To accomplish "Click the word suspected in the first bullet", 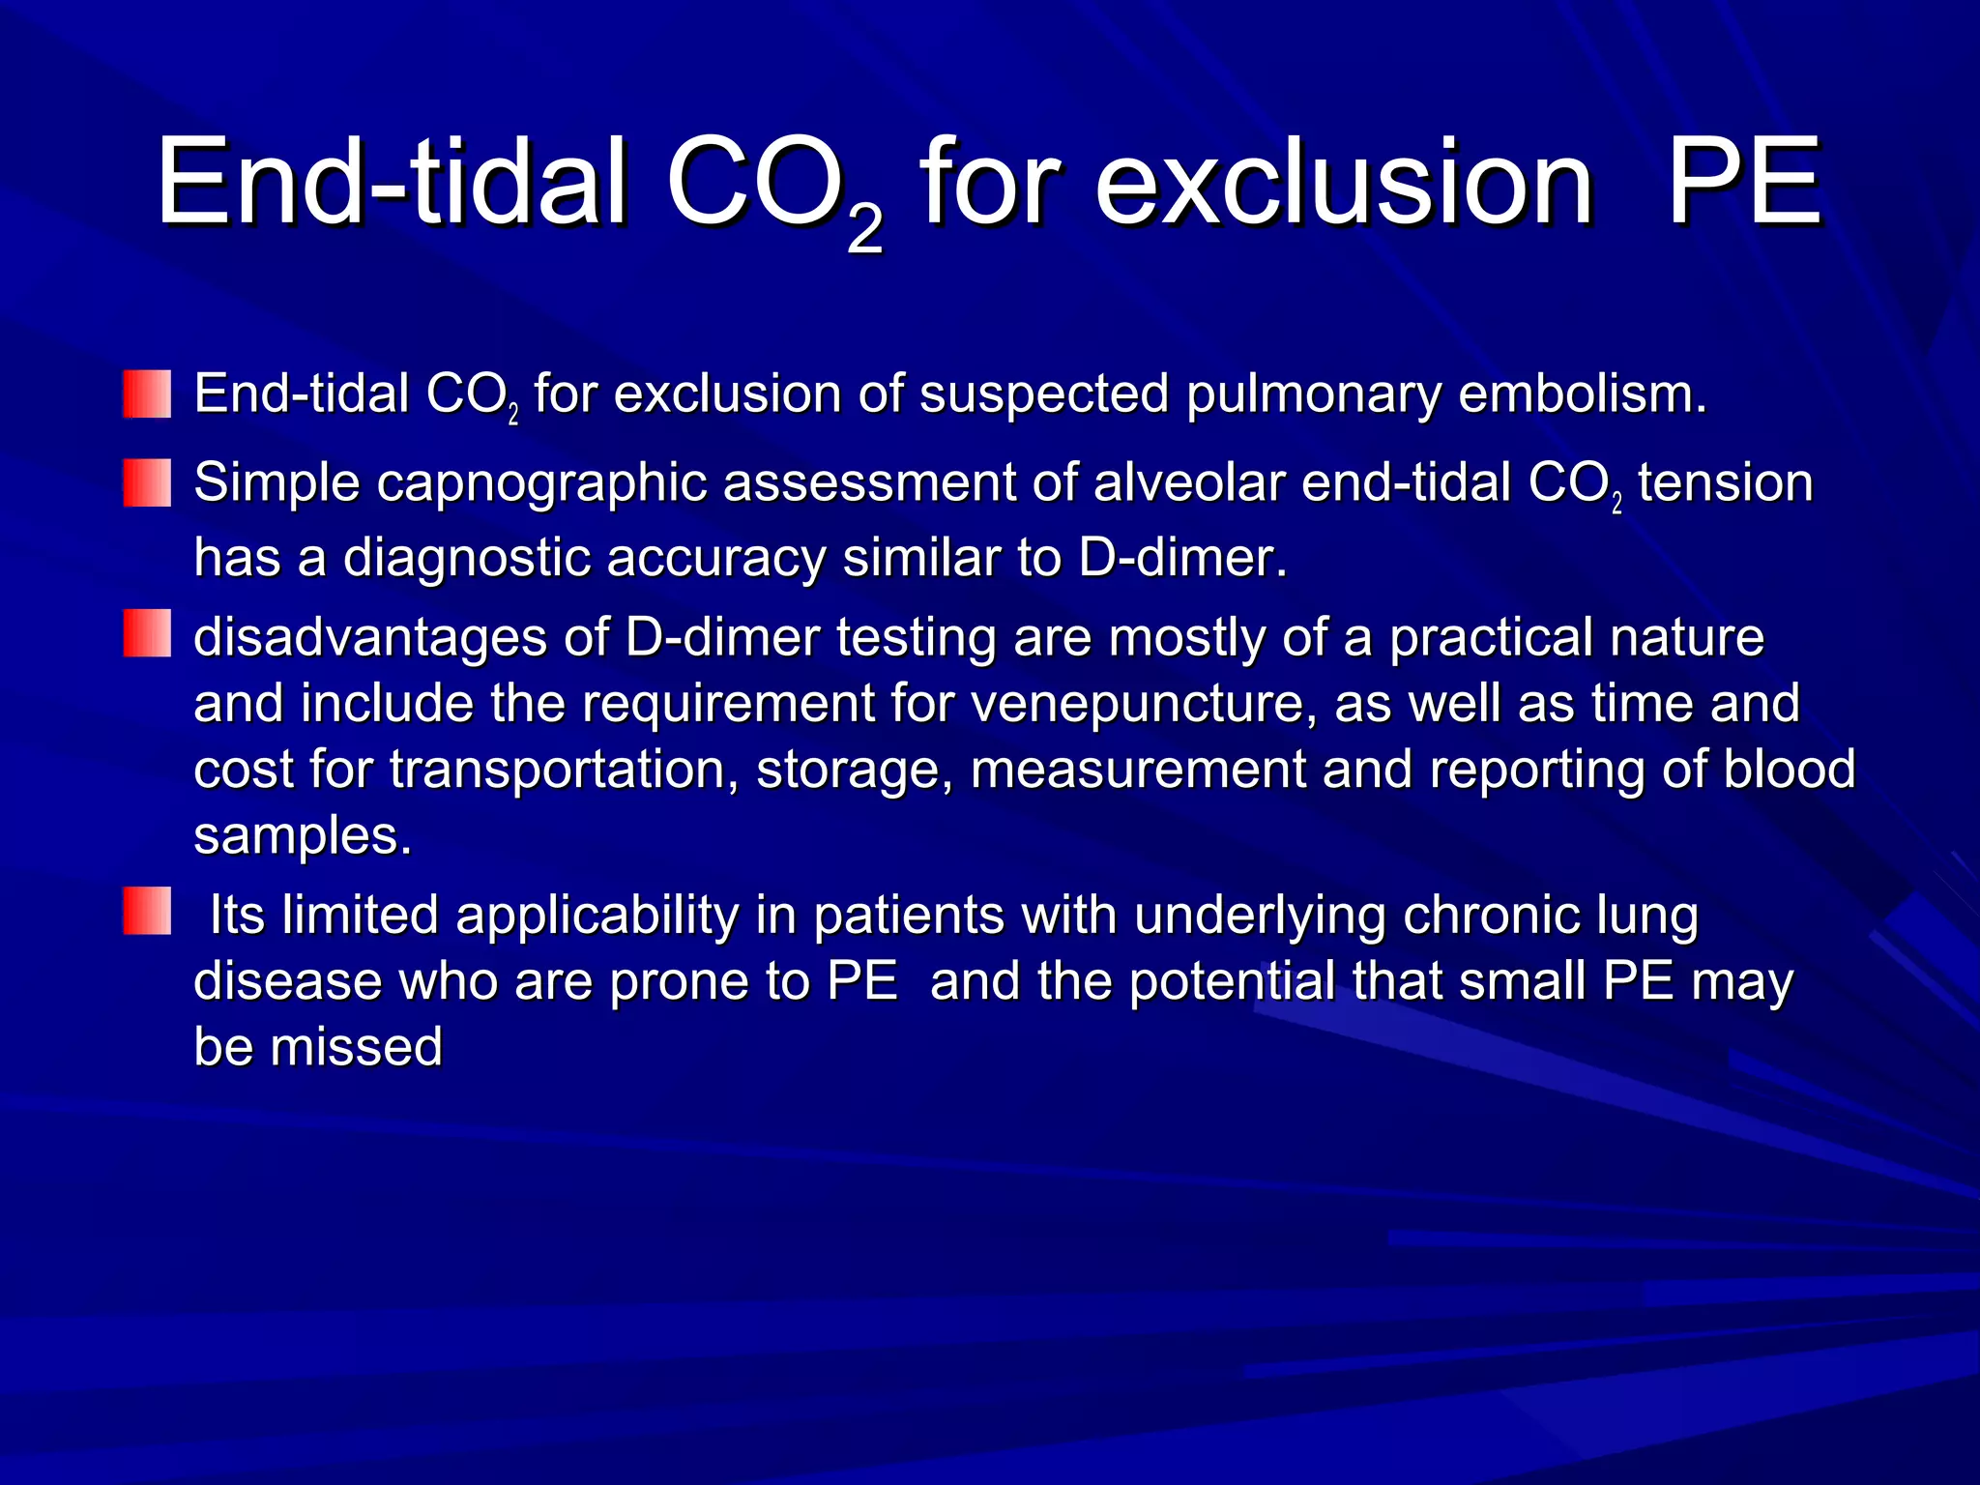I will pyautogui.click(x=1044, y=394).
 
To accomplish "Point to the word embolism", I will pyautogui.click(x=1582, y=394).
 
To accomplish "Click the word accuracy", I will pyautogui.click(x=716, y=560).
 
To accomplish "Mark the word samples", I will pyautogui.click(x=302, y=837).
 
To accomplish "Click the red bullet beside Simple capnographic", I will pyautogui.click(x=147, y=482).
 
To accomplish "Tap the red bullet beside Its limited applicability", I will pyautogui.click(x=147, y=911).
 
